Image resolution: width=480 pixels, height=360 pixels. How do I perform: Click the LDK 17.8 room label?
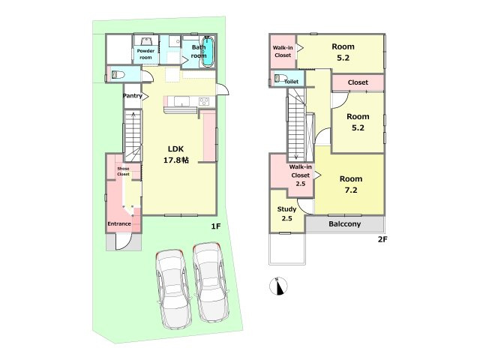pos(176,154)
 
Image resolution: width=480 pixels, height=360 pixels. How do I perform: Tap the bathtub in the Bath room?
pos(208,51)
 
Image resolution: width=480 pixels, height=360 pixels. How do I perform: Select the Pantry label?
pos(133,96)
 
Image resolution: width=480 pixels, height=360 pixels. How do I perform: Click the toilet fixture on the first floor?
pos(118,74)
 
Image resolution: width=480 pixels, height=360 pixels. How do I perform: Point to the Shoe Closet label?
pos(123,172)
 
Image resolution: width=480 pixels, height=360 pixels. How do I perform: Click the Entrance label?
pos(119,223)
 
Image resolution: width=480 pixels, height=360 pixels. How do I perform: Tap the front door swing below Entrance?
pos(124,241)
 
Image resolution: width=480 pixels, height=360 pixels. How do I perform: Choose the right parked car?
pos(211,282)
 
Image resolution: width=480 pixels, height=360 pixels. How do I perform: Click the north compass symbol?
pos(278,286)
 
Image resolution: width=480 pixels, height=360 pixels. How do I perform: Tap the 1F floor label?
pos(215,226)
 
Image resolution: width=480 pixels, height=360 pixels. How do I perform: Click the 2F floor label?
pos(382,239)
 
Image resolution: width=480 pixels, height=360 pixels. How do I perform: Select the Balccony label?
pos(345,224)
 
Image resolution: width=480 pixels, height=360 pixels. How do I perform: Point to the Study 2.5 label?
pos(286,214)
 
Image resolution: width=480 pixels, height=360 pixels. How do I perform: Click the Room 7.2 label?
pos(351,184)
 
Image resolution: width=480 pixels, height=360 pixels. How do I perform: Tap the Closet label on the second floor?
pos(358,82)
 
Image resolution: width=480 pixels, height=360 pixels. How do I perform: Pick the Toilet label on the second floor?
pos(292,82)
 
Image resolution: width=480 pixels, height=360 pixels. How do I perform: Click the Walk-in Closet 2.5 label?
pos(300,175)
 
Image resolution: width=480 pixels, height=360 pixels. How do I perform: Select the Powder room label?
pos(145,54)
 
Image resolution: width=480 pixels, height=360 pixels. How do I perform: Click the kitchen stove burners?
pos(204,101)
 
